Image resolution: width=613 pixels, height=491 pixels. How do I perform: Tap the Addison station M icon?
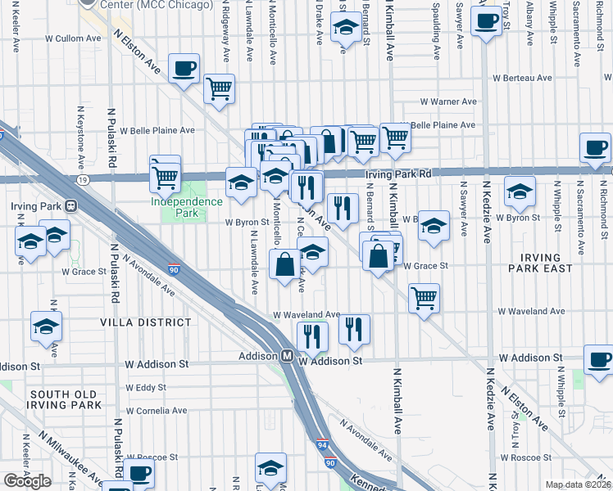[x=288, y=356]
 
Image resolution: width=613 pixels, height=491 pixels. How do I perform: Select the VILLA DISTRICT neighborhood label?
[x=146, y=323]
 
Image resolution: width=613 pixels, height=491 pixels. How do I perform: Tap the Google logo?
[x=27, y=481]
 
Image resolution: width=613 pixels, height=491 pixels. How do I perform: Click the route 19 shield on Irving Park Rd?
[x=84, y=178]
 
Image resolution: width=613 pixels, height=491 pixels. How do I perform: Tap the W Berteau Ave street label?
[x=521, y=79]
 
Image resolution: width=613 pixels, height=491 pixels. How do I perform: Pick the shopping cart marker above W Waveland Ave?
[x=424, y=298]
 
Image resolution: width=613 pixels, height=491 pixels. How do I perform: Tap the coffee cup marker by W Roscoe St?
[x=139, y=472]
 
